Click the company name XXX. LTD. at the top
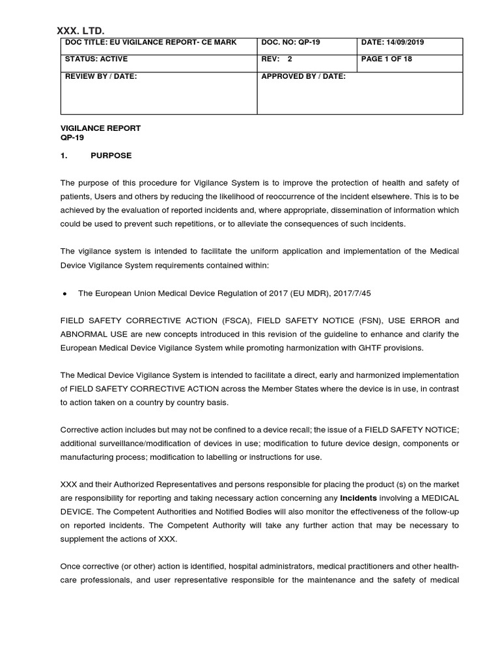[81, 30]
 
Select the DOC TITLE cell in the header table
[151, 42]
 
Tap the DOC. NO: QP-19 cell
[290, 42]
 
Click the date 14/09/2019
[404, 42]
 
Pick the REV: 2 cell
[277, 59]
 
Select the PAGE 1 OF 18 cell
[386, 59]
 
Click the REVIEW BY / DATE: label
[101, 76]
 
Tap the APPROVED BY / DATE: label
[303, 76]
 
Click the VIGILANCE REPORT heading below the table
[100, 128]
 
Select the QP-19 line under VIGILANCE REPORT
[72, 137]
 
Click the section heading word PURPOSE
[111, 156]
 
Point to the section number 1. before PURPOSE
[64, 156]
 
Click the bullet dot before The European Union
[64, 294]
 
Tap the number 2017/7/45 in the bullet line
[352, 293]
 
